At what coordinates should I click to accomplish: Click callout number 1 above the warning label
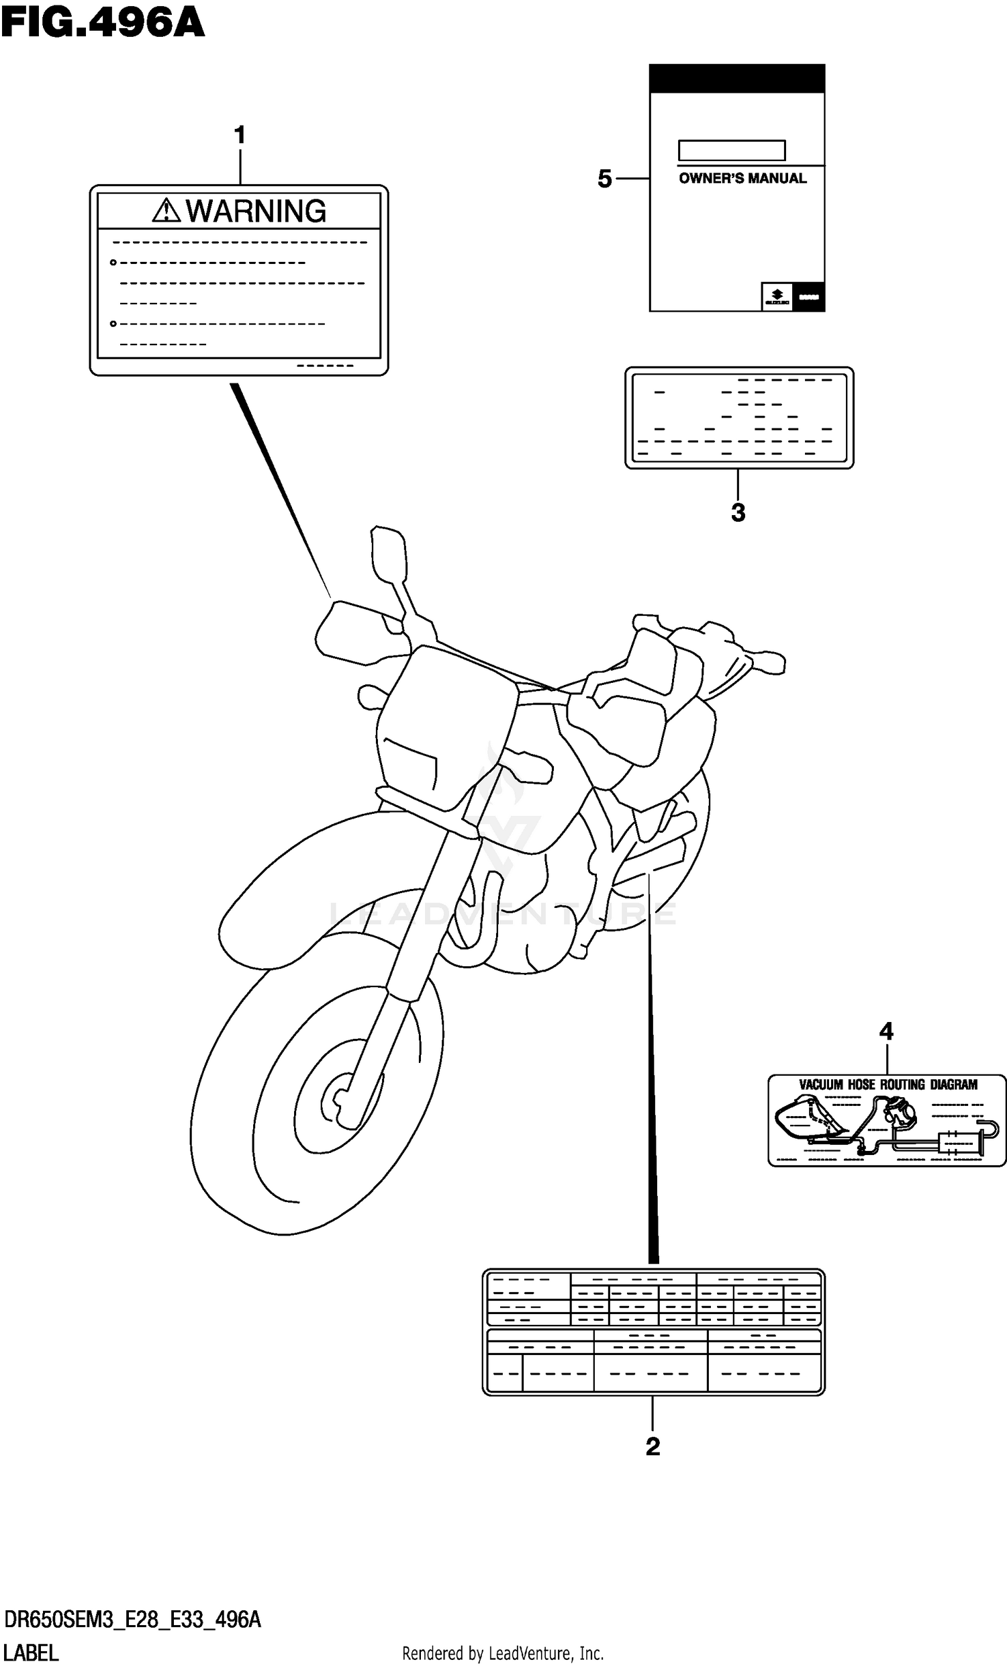click(x=239, y=136)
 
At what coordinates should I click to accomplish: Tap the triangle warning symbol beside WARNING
click(x=166, y=211)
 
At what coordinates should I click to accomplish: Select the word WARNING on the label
click(x=256, y=211)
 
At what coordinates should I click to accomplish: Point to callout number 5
click(x=604, y=179)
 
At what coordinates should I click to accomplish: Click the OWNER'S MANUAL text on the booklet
click(x=742, y=179)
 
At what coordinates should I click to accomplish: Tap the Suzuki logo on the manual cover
click(x=777, y=296)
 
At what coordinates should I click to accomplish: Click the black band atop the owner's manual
click(x=736, y=79)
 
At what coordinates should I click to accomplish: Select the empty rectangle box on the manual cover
click(x=731, y=150)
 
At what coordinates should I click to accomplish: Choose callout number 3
click(x=738, y=512)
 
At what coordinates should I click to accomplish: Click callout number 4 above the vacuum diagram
click(x=886, y=1031)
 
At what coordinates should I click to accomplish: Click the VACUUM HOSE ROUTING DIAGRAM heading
click(x=888, y=1084)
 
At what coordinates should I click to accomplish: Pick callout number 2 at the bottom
click(x=652, y=1446)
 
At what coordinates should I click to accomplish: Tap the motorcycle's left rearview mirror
click(x=389, y=552)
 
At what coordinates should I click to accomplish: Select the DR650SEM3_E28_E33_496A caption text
click(x=132, y=1621)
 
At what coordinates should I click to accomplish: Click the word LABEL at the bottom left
click(x=31, y=1653)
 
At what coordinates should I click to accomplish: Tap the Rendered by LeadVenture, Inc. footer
click(x=503, y=1654)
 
